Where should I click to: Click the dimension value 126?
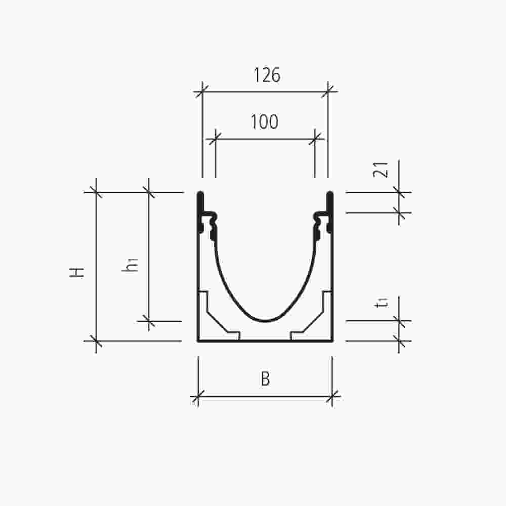(267, 75)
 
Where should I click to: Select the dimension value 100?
(264, 122)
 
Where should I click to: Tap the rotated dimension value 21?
(384, 170)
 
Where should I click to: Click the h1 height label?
(131, 264)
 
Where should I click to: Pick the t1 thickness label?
(384, 303)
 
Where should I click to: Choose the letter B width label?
(265, 380)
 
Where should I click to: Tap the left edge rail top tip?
(200, 193)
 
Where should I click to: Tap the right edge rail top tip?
(329, 193)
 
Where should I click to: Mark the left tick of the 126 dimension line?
(202, 92)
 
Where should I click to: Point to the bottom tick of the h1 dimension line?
(148, 321)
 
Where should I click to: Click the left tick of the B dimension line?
(198, 397)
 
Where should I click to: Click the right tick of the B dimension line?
(332, 397)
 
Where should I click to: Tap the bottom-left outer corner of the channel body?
(198, 341)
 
